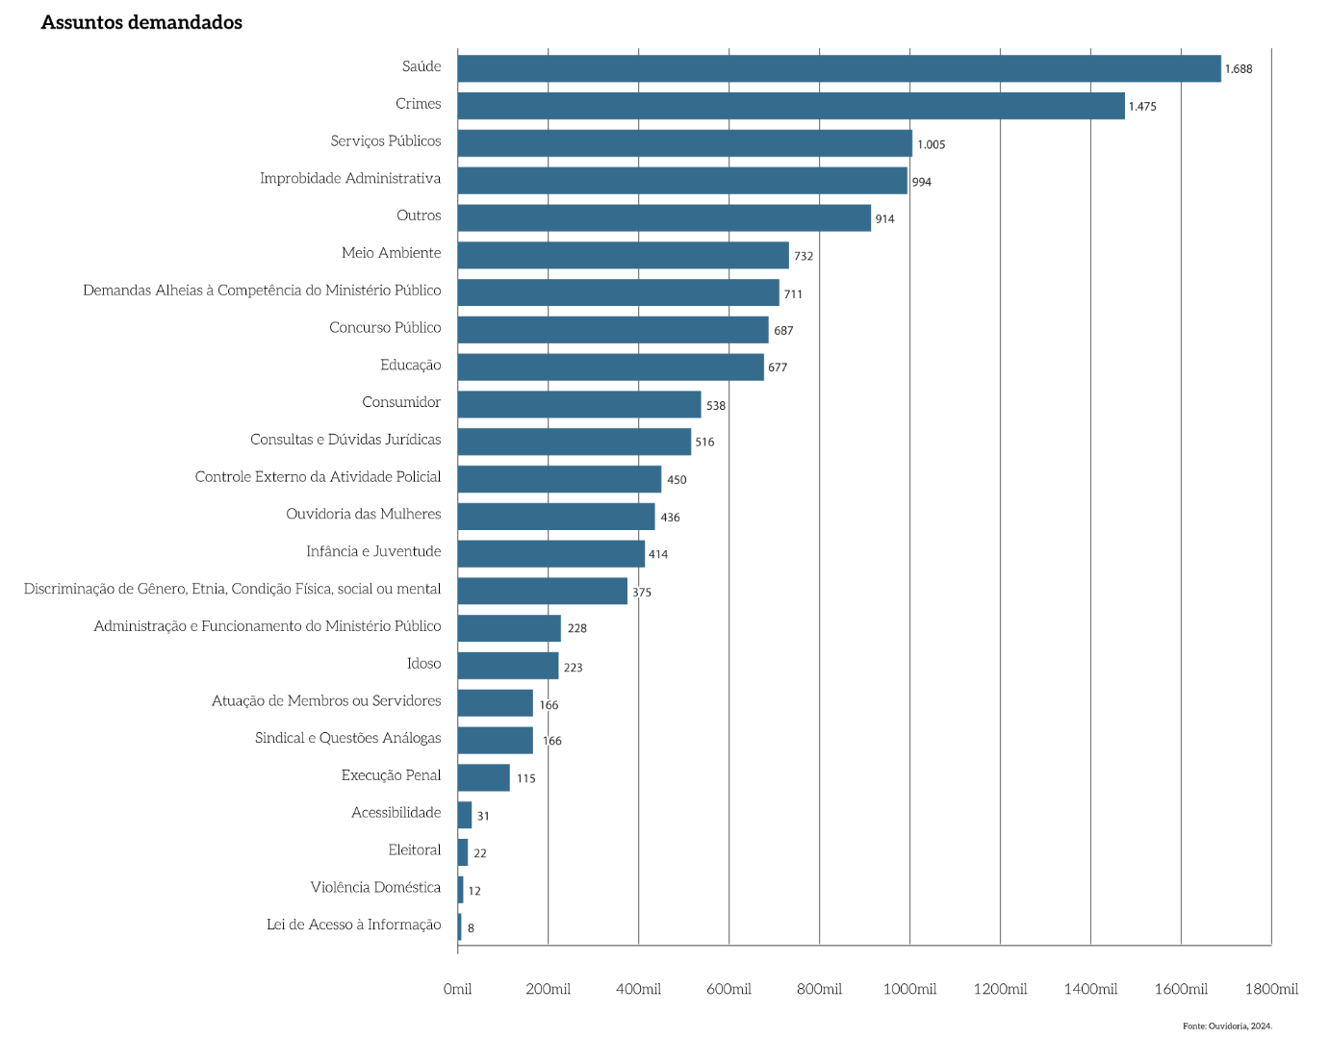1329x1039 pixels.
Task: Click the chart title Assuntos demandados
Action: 141,22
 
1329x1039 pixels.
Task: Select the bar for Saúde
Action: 838,68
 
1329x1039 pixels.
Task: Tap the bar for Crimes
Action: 790,106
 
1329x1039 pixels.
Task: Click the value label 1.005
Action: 931,144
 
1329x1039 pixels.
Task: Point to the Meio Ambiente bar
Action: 623,255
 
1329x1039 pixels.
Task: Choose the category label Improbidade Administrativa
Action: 350,178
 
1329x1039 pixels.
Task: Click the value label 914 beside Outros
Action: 884,219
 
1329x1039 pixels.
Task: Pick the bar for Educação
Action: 610,367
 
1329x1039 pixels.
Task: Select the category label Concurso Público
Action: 385,327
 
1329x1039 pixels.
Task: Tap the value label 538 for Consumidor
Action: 716,406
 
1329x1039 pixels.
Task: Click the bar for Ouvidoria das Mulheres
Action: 556,517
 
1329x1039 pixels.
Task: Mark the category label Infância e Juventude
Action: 373,551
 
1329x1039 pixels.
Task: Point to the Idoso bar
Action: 508,666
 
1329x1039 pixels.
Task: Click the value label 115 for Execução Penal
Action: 525,778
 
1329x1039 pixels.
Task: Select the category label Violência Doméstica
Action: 375,887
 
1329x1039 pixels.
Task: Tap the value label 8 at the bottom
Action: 471,928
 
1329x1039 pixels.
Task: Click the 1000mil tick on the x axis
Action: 909,989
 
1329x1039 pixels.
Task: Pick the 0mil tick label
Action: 457,989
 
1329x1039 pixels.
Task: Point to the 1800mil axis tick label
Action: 1271,989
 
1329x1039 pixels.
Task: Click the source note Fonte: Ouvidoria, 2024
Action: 1227,1026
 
